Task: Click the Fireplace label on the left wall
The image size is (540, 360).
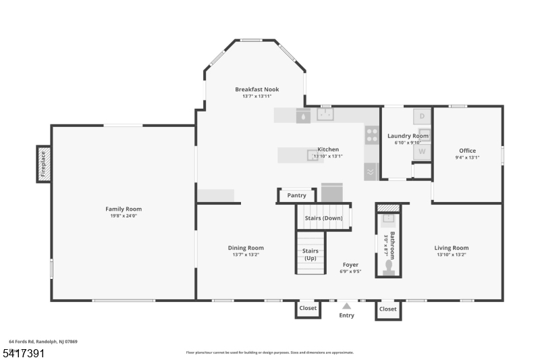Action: tap(43, 163)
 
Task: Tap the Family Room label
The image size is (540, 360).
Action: tap(124, 209)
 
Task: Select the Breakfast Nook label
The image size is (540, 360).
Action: tap(256, 89)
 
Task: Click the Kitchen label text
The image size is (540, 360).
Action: tap(328, 149)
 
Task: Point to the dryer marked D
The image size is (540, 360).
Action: tap(422, 116)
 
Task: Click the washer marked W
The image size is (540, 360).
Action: tap(422, 151)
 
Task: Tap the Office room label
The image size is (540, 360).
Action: tap(467, 151)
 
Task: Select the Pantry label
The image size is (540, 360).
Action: tap(297, 195)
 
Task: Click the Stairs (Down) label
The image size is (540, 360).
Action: tap(323, 218)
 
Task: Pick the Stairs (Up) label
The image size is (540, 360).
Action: tap(310, 255)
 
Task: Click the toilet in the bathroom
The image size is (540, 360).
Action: tap(388, 268)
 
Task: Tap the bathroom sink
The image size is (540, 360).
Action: tap(388, 219)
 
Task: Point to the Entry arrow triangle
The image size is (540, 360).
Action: tap(346, 305)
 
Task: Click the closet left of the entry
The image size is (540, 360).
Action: tap(308, 309)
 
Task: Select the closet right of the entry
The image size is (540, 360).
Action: tap(388, 309)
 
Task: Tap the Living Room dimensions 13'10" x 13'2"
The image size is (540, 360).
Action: tap(452, 255)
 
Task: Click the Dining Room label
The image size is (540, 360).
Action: tap(246, 248)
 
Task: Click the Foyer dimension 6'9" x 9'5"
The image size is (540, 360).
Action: tap(350, 272)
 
